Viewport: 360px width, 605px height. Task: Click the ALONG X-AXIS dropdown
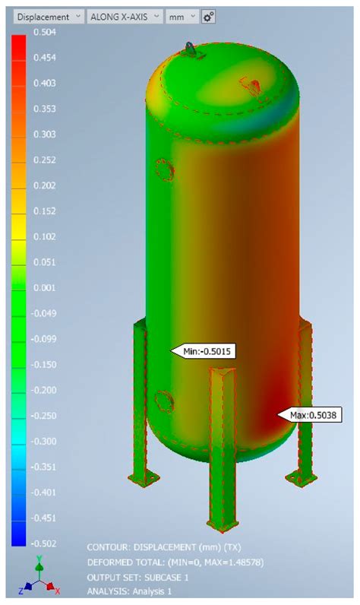pyautogui.click(x=125, y=16)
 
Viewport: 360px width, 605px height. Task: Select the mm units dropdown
pyautogui.click(x=182, y=16)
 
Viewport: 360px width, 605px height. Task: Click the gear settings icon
pyautogui.click(x=209, y=16)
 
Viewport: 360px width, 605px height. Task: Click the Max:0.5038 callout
pyautogui.click(x=311, y=415)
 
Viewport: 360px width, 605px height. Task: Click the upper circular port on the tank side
pyautogui.click(x=163, y=169)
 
